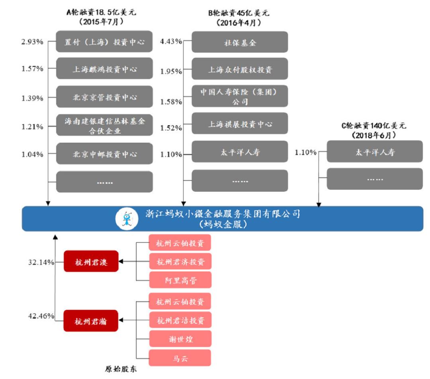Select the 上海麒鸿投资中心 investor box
point(104,69)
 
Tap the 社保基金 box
point(240,42)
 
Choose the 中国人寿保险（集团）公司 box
point(240,97)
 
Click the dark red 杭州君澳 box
point(91,261)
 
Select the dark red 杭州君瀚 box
point(91,321)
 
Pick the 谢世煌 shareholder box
point(180,339)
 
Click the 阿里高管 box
point(180,280)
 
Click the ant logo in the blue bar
point(127,218)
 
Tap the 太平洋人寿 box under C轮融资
point(374,152)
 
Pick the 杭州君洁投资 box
point(180,320)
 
